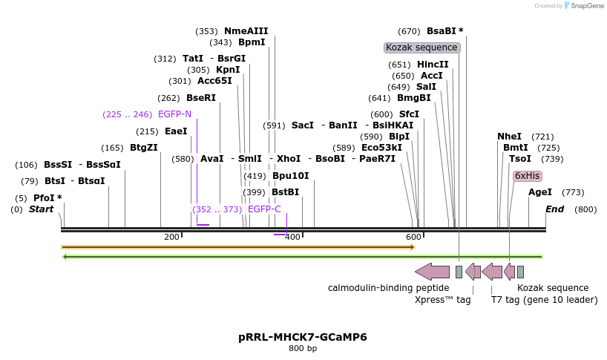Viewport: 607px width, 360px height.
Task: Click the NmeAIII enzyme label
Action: pyautogui.click(x=246, y=31)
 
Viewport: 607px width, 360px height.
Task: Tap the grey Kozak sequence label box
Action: pyautogui.click(x=422, y=48)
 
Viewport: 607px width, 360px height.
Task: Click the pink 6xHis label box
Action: pyautogui.click(x=527, y=176)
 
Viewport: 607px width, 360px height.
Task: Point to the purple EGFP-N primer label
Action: pyautogui.click(x=174, y=114)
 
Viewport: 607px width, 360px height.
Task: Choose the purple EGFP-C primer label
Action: pyautogui.click(x=264, y=209)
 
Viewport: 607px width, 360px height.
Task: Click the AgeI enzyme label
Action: pyautogui.click(x=539, y=192)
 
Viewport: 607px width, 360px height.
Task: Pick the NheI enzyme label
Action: pyautogui.click(x=509, y=137)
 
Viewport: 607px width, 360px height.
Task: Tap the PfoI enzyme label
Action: pyautogui.click(x=47, y=198)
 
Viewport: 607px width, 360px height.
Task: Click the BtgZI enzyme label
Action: pyautogui.click(x=144, y=148)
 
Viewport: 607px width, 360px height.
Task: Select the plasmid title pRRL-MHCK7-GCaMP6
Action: pyautogui.click(x=303, y=337)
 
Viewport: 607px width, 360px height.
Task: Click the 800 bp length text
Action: pyautogui.click(x=303, y=348)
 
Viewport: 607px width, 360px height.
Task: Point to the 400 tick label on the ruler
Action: pyautogui.click(x=292, y=237)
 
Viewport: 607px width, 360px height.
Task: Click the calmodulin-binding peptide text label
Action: pyautogui.click(x=388, y=288)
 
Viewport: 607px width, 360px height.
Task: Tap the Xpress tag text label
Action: pyautogui.click(x=442, y=301)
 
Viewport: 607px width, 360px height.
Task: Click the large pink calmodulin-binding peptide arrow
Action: pyautogui.click(x=432, y=272)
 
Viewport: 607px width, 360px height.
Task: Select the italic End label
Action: pyautogui.click(x=555, y=209)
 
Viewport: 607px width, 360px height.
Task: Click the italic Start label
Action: pyautogui.click(x=42, y=209)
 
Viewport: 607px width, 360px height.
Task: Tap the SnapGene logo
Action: pyautogui.click(x=582, y=6)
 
